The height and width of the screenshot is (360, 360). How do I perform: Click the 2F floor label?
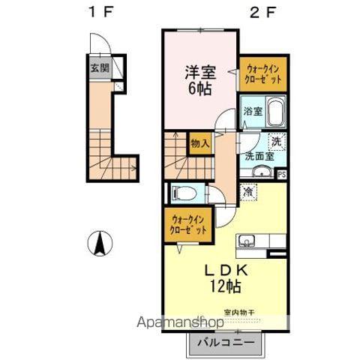point(258,13)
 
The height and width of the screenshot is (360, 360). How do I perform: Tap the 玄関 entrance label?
point(99,67)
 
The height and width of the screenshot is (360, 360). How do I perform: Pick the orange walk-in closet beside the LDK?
point(186,224)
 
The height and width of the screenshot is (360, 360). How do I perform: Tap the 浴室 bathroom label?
point(252,112)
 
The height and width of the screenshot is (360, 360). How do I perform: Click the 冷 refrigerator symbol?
point(248,192)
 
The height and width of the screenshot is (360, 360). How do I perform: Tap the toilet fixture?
point(183,193)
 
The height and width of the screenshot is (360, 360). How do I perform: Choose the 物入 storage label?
point(199,142)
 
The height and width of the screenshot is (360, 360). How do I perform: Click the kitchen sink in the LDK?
point(247,241)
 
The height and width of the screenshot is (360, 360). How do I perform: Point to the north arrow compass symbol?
point(100,244)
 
